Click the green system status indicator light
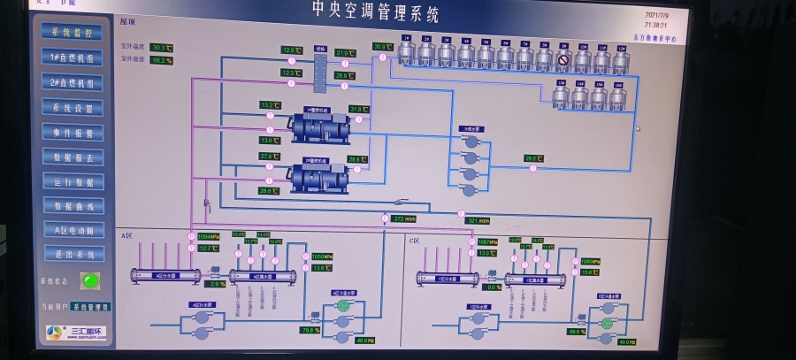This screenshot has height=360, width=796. pyautogui.click(x=88, y=281)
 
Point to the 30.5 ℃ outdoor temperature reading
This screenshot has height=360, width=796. pyautogui.click(x=162, y=48)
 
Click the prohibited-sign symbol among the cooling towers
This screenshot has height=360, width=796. pyautogui.click(x=563, y=60)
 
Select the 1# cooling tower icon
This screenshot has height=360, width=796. pyautogui.click(x=406, y=51)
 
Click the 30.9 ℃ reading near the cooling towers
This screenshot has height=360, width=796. pyautogui.click(x=381, y=47)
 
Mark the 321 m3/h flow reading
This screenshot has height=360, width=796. pyautogui.click(x=478, y=220)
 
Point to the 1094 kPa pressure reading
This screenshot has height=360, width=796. pyautogui.click(x=208, y=237)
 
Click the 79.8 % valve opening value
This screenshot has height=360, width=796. pyautogui.click(x=310, y=330)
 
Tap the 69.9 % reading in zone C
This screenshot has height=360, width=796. pyautogui.click(x=576, y=332)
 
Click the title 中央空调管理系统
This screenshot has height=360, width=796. pyautogui.click(x=375, y=12)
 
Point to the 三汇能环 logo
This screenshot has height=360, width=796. pyautogui.click(x=75, y=333)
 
